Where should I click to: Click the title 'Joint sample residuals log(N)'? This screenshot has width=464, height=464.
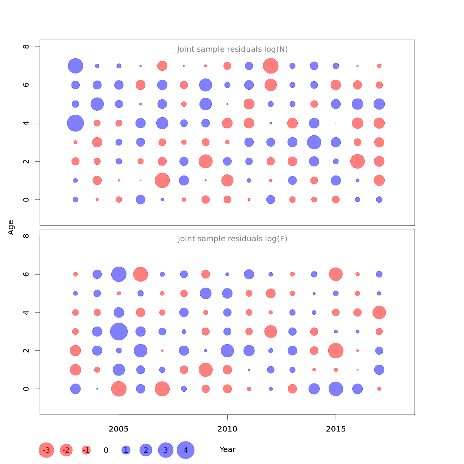232,49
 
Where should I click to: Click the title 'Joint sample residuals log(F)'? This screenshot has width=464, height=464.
232,239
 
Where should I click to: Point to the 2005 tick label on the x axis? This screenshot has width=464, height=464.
119,429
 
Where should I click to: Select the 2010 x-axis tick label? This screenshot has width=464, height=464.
227,429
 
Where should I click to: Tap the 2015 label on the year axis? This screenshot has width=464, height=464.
336,429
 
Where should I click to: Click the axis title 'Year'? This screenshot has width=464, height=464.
227,450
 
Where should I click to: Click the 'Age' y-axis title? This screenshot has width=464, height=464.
11,227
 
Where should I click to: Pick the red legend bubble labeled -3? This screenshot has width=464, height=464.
46,450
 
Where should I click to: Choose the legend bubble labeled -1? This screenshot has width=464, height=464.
86,450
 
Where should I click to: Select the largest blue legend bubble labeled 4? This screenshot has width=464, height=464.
186,450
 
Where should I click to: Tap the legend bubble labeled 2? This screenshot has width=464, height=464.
146,450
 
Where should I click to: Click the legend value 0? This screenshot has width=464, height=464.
106,450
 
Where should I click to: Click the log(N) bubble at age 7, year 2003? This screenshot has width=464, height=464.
75,66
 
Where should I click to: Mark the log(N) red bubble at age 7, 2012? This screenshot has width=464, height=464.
271,66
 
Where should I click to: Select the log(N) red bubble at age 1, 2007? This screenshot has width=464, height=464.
162,181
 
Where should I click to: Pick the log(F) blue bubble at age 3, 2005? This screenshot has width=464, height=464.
119,331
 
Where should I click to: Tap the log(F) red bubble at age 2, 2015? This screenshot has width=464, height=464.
336,351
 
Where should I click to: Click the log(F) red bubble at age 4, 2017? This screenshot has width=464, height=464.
379,312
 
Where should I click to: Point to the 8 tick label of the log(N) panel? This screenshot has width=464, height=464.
26,47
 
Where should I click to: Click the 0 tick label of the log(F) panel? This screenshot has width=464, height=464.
26,389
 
